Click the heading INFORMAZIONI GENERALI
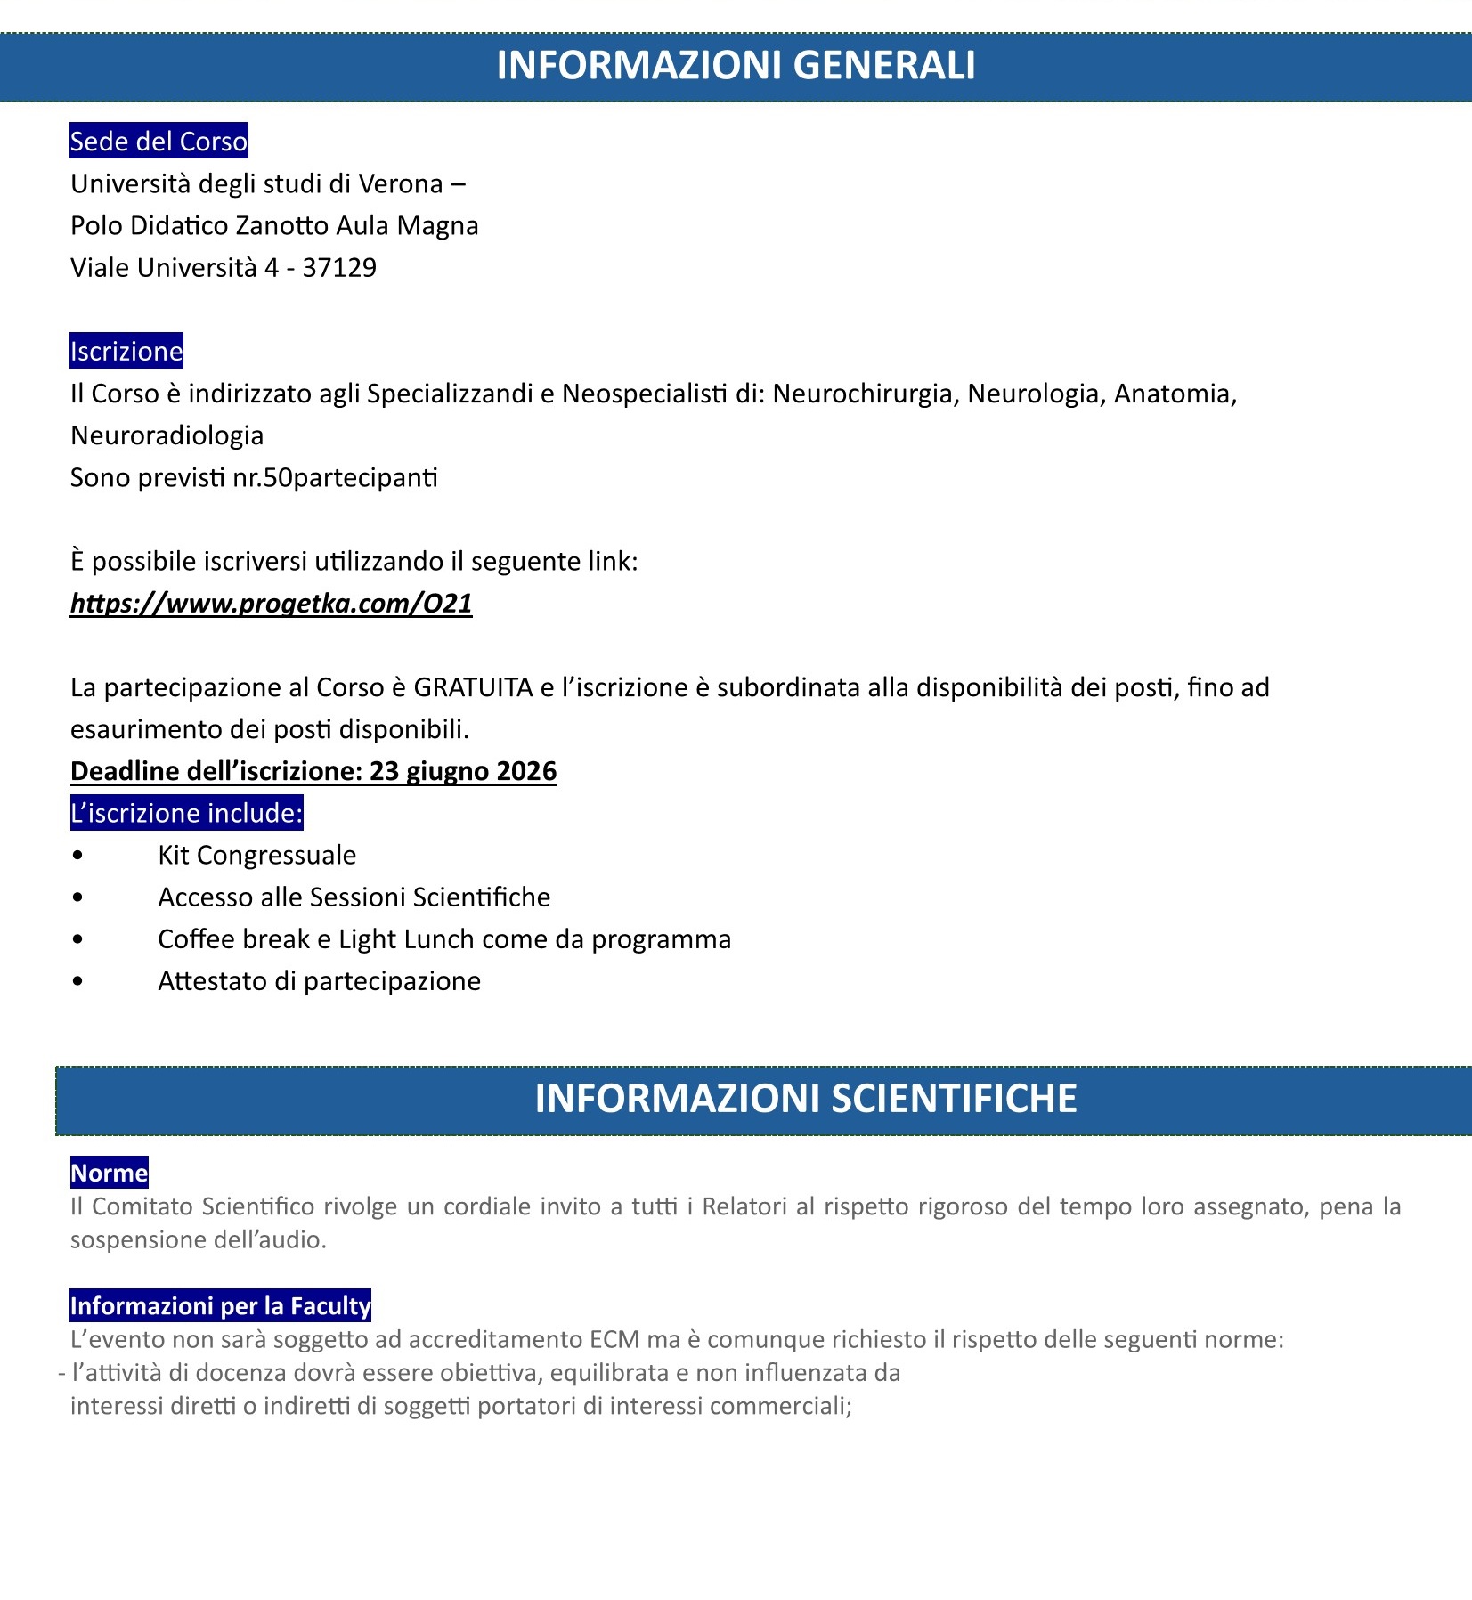tap(736, 66)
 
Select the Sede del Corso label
tap(159, 142)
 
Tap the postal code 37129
tap(339, 268)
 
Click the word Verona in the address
tap(400, 184)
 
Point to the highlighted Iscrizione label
tap(126, 352)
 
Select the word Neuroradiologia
tap(167, 435)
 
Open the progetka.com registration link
tap(271, 604)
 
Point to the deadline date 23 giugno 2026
tap(463, 771)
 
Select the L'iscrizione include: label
tap(187, 813)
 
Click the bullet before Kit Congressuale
tap(78, 856)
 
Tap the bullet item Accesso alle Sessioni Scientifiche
tap(354, 897)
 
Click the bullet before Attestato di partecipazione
tap(78, 981)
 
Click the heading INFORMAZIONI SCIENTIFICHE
tap(805, 1099)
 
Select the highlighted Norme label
tap(109, 1173)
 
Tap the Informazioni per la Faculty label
tap(220, 1306)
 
